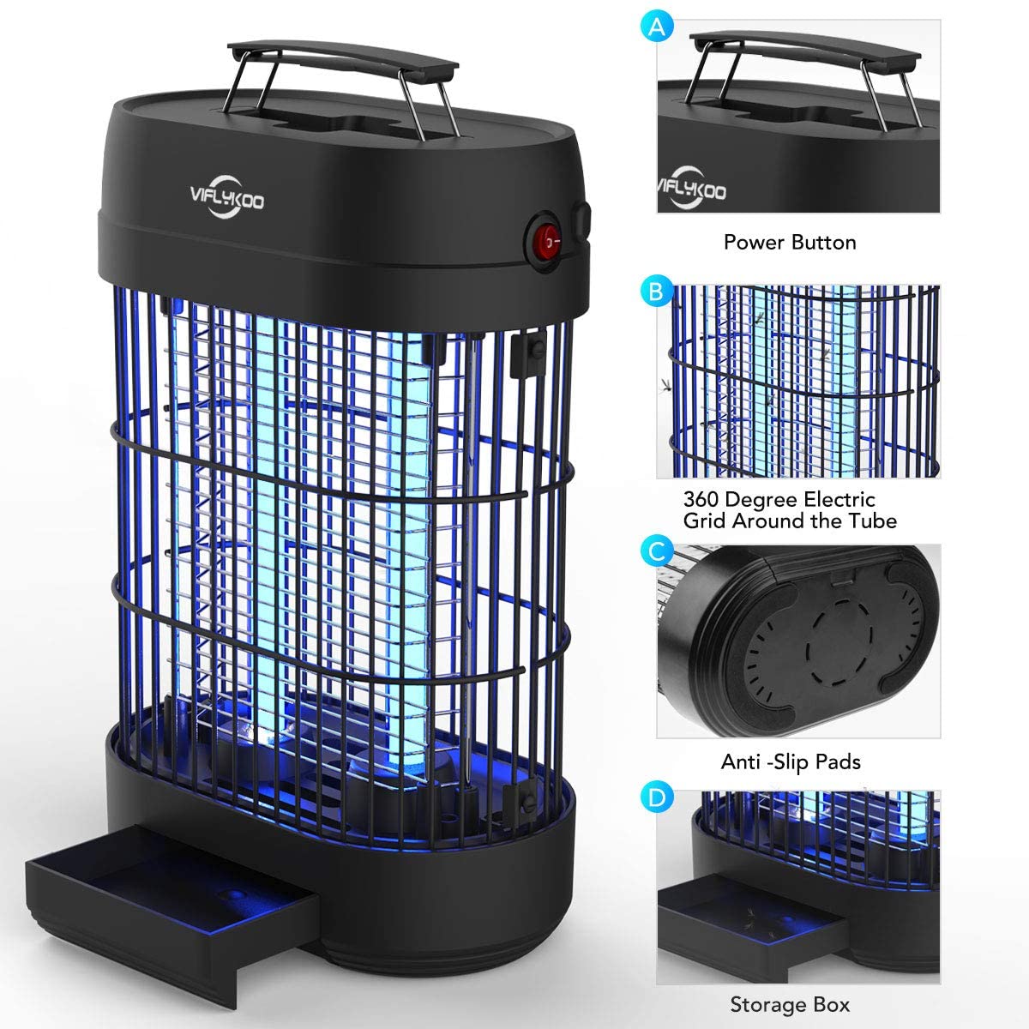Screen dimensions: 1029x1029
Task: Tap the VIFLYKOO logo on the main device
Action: [x=227, y=196]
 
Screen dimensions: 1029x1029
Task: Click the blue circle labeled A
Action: [x=656, y=27]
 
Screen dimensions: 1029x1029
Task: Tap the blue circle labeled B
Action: [x=656, y=291]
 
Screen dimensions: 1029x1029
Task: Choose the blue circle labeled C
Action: [x=656, y=551]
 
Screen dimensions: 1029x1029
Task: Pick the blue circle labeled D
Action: [x=656, y=797]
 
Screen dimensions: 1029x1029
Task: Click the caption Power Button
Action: [x=790, y=243]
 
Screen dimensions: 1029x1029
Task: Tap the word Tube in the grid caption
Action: [x=874, y=521]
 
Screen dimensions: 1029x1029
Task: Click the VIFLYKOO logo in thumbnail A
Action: [x=690, y=188]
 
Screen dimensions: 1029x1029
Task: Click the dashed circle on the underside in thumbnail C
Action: [x=839, y=641]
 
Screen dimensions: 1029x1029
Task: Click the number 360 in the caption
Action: [x=701, y=500]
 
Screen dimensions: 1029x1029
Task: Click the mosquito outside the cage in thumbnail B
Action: [x=666, y=385]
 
